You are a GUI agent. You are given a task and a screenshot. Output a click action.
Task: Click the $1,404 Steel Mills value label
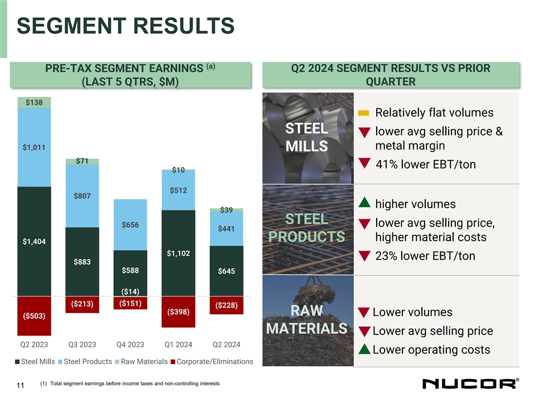click(x=34, y=241)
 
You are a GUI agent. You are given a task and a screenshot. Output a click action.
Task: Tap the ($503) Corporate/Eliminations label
click(x=34, y=316)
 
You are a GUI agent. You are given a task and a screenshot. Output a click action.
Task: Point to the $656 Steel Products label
click(x=130, y=224)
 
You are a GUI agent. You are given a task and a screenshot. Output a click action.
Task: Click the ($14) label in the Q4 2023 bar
click(x=130, y=291)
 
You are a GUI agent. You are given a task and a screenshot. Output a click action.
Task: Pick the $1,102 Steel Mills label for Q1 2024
click(x=178, y=253)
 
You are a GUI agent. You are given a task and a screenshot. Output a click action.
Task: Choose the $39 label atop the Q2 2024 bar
click(x=226, y=210)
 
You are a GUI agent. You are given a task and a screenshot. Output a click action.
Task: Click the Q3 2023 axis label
click(x=82, y=343)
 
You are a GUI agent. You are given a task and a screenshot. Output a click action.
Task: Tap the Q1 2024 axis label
click(x=178, y=343)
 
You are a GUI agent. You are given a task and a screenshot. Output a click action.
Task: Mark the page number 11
click(x=20, y=385)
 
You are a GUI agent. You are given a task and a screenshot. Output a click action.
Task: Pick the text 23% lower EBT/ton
click(x=425, y=256)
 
